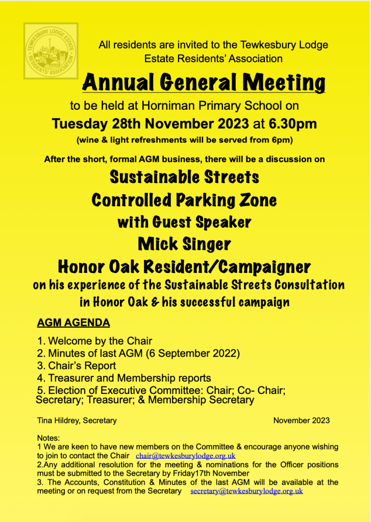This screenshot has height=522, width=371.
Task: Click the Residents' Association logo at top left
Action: (51, 51)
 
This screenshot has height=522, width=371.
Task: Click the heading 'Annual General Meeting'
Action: (204, 82)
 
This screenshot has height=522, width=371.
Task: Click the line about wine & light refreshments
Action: (184, 139)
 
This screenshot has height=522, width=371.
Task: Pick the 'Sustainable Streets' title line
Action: (184, 177)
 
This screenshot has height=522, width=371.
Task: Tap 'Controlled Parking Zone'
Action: (184, 200)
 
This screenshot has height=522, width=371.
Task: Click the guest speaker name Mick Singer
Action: (184, 244)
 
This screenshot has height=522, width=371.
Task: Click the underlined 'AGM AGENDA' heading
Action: (73, 323)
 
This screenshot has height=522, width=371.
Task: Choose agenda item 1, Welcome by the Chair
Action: (95, 341)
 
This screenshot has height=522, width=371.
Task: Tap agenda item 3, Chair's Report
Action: (77, 366)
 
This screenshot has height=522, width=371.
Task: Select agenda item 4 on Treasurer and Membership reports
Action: (124, 378)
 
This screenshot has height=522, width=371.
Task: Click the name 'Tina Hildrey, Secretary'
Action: (77, 420)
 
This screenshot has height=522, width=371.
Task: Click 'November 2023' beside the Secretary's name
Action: (301, 420)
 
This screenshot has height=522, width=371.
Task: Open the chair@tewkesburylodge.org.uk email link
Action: (185, 456)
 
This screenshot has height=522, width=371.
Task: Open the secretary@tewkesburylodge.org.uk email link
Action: (246, 491)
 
